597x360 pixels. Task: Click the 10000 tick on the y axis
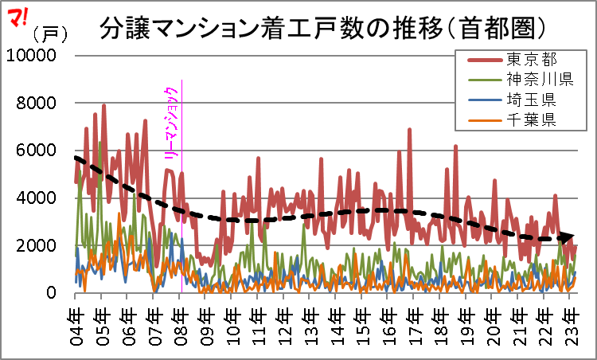31,56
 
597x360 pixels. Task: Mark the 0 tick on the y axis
51,294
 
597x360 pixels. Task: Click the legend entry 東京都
531,60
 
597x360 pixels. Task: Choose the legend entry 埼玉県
531,100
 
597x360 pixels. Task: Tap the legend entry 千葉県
531,120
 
